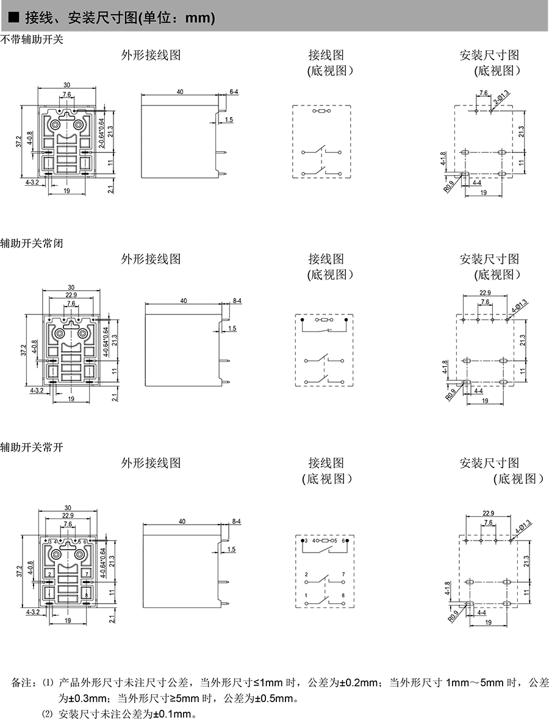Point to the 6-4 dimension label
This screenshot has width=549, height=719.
tap(234, 91)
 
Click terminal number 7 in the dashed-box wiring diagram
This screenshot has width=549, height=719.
tap(343, 575)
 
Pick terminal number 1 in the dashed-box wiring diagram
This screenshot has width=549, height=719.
tap(306, 595)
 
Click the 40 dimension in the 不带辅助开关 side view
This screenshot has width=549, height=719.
tap(181, 91)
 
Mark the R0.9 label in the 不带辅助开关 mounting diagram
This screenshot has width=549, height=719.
tap(449, 186)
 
